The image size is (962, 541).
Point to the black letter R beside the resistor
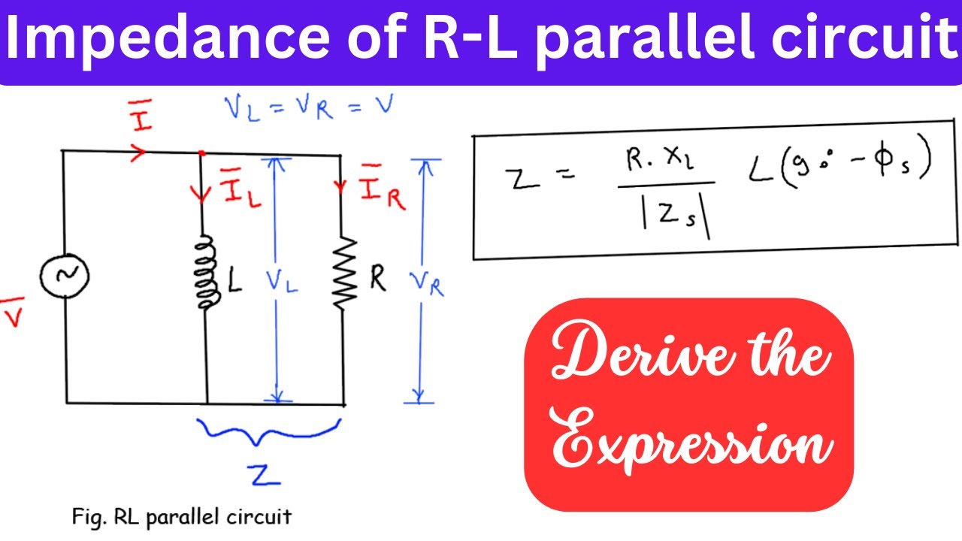pos(377,279)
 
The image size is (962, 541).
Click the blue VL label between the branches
pos(281,281)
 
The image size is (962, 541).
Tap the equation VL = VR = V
pos(309,107)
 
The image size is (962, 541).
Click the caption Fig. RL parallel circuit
pos(181,517)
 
